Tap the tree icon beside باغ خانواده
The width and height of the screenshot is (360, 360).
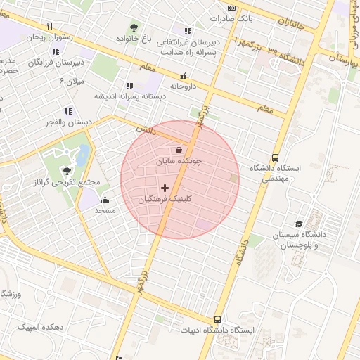[x=134, y=27]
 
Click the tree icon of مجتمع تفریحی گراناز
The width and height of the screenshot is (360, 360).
[x=67, y=170]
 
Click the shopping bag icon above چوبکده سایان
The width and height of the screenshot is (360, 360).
[x=178, y=150]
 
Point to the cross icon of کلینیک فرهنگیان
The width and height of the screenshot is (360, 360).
[x=165, y=188]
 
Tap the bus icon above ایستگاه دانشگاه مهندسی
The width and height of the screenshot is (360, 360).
[x=275, y=158]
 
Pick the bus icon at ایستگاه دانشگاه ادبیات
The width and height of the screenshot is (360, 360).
[x=218, y=319]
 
